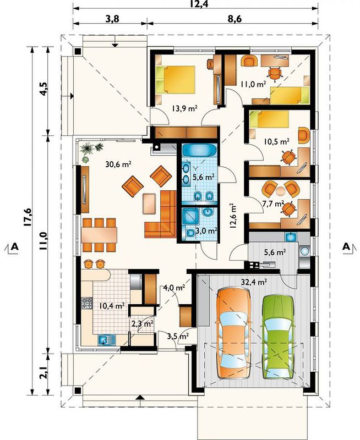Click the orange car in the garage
pos(233,333)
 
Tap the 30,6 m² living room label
pos(118,164)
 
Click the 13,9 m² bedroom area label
pos(184,108)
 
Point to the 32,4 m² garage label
pos(254,282)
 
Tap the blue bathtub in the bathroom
pos(199,151)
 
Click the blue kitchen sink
pos(107,340)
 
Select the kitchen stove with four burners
pos(86,303)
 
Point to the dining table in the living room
pos(99,235)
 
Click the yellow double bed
pos(176,79)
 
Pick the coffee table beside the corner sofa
pos(149,204)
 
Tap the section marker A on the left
pos(14,246)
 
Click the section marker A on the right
pos(346,246)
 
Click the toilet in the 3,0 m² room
pos(190,233)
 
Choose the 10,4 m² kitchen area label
pos(112,306)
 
